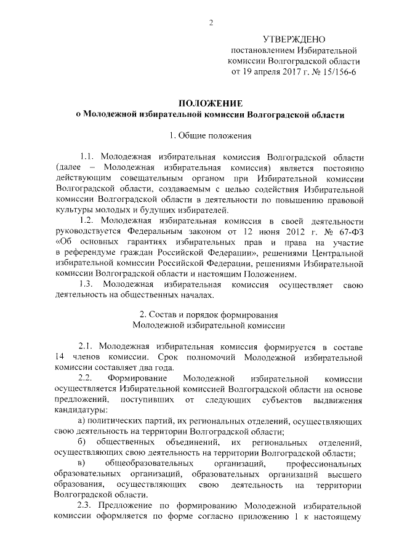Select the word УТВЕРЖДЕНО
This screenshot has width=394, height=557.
click(x=292, y=39)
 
